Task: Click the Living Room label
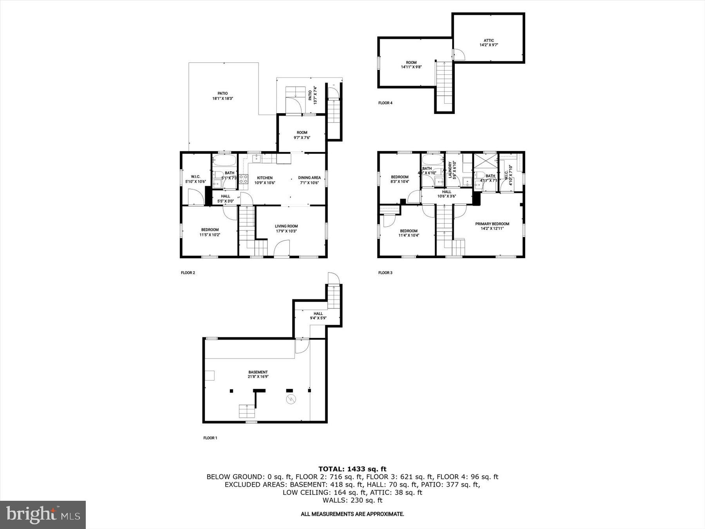[286, 228]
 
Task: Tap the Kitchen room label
[265, 180]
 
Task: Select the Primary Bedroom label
[492, 226]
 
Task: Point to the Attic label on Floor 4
[488, 43]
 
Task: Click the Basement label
[258, 374]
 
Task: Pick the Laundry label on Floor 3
[452, 170]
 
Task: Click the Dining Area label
[309, 180]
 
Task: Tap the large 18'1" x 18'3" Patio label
[222, 96]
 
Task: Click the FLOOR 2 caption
[188, 273]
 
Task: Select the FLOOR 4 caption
[385, 103]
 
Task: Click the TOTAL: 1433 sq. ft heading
[352, 469]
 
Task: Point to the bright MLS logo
[43, 515]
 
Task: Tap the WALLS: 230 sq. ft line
[352, 500]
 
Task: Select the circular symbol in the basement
[291, 399]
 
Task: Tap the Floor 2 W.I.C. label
[195, 179]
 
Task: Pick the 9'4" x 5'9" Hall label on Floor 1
[318, 316]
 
